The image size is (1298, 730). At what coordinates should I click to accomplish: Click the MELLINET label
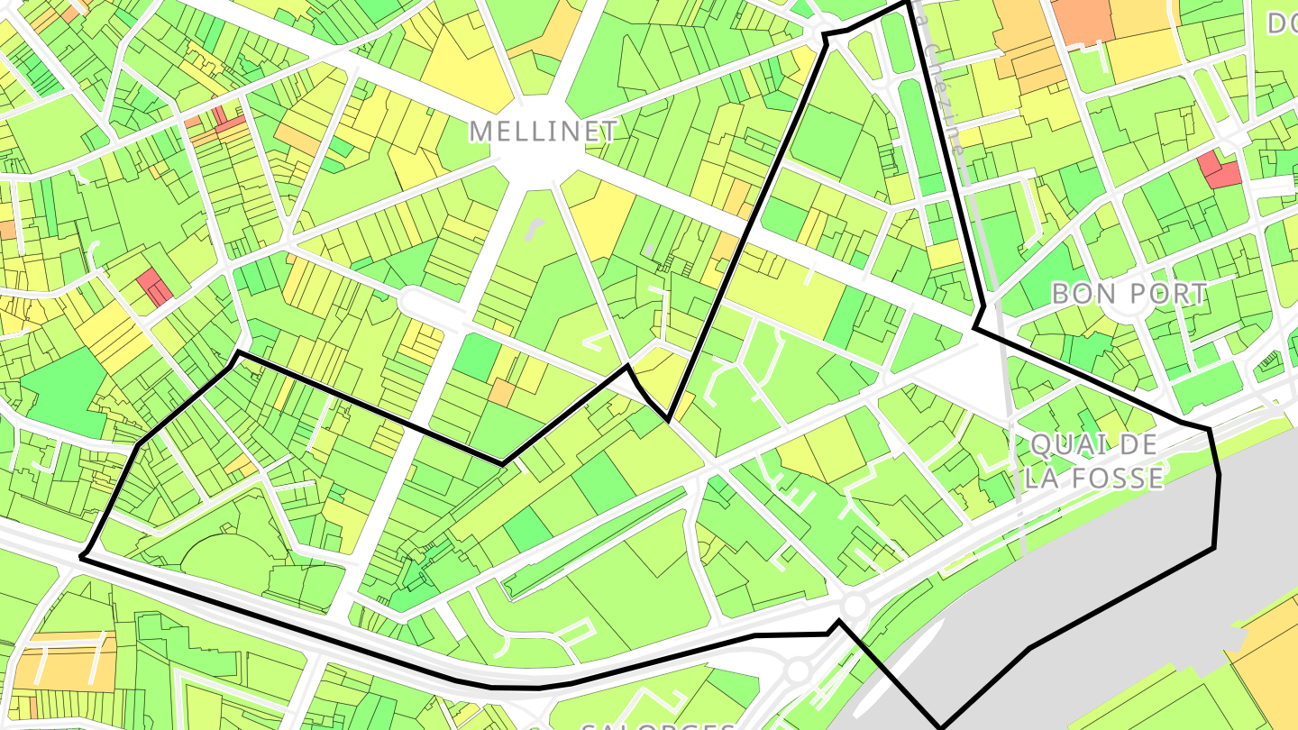coord(544,132)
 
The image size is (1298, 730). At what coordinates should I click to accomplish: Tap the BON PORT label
coord(1129,294)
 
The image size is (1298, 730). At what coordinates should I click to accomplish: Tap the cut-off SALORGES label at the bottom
coord(657,725)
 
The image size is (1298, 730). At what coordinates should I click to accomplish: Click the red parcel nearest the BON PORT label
coord(1219,169)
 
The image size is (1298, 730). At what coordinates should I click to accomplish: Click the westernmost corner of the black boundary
coord(81,558)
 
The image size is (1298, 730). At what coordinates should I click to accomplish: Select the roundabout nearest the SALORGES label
coord(797,671)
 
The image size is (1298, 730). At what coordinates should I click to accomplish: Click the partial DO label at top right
coord(1281,23)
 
